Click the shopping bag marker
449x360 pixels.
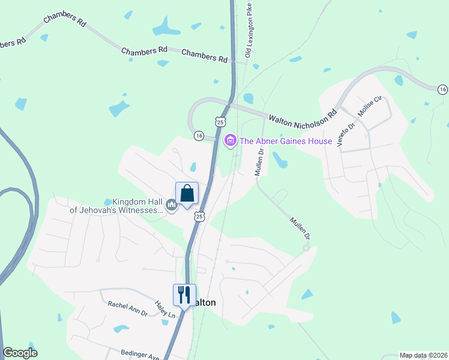coord(187,194)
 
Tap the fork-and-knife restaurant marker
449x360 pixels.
coord(184,295)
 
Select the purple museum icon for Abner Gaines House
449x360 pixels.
coord(229,141)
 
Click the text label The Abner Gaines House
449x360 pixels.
coord(286,141)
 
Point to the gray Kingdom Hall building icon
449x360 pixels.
coord(172,206)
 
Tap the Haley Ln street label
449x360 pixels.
coord(165,310)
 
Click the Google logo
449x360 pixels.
coord(20,353)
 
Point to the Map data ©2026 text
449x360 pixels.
coord(423,355)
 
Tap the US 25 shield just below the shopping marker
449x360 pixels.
coord(199,215)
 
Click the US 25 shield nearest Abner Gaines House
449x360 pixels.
coord(221,122)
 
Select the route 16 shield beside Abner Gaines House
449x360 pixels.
coord(199,136)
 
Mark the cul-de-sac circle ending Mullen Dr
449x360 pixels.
coord(306,248)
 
